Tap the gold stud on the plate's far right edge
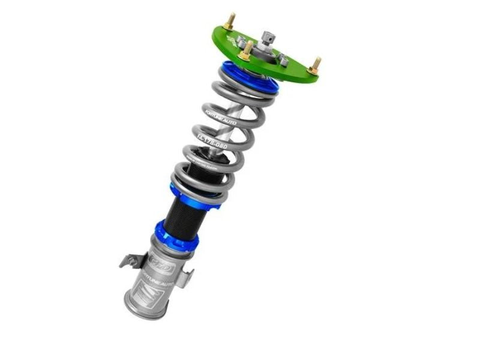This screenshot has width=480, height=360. click(x=314, y=65)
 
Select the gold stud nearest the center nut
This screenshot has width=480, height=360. click(x=244, y=53)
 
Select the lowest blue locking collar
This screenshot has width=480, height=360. click(x=176, y=235)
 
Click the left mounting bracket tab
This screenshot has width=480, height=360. click(x=128, y=260)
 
